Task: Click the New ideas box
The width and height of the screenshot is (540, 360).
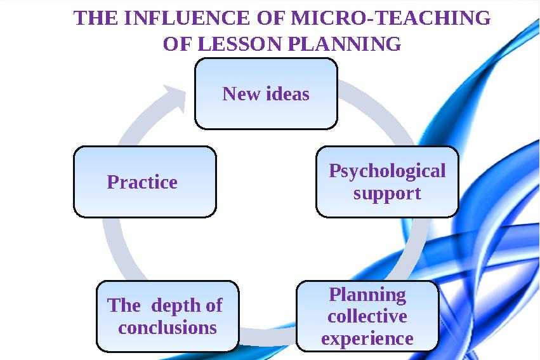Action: (x=266, y=94)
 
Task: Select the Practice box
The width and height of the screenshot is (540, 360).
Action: (x=145, y=182)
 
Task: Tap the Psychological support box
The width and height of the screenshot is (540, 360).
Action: (x=387, y=182)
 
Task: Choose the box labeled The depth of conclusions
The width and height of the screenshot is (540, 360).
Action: (x=168, y=316)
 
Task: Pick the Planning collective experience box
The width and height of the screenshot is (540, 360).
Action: (x=367, y=316)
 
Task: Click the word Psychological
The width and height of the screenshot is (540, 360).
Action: (x=387, y=171)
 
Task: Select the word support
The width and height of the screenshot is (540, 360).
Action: (x=387, y=193)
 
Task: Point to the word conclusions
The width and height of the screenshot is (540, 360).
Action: (x=168, y=328)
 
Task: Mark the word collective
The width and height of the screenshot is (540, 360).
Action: (x=367, y=316)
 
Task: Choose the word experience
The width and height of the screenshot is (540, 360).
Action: (x=367, y=338)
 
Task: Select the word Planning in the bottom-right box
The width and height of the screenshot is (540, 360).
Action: (x=367, y=295)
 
